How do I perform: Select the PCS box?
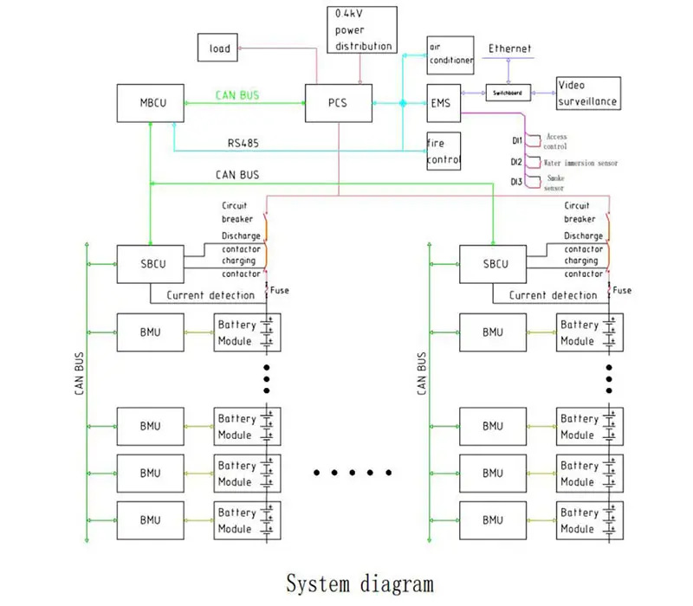(339, 103)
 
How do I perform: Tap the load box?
(220, 48)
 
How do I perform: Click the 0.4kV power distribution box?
(361, 29)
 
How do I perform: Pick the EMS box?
(443, 103)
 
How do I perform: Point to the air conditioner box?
(450, 55)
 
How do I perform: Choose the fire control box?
(444, 149)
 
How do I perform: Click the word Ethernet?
(509, 49)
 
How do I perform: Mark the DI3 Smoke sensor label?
(549, 181)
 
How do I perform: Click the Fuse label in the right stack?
(622, 291)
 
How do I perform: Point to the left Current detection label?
(210, 295)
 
